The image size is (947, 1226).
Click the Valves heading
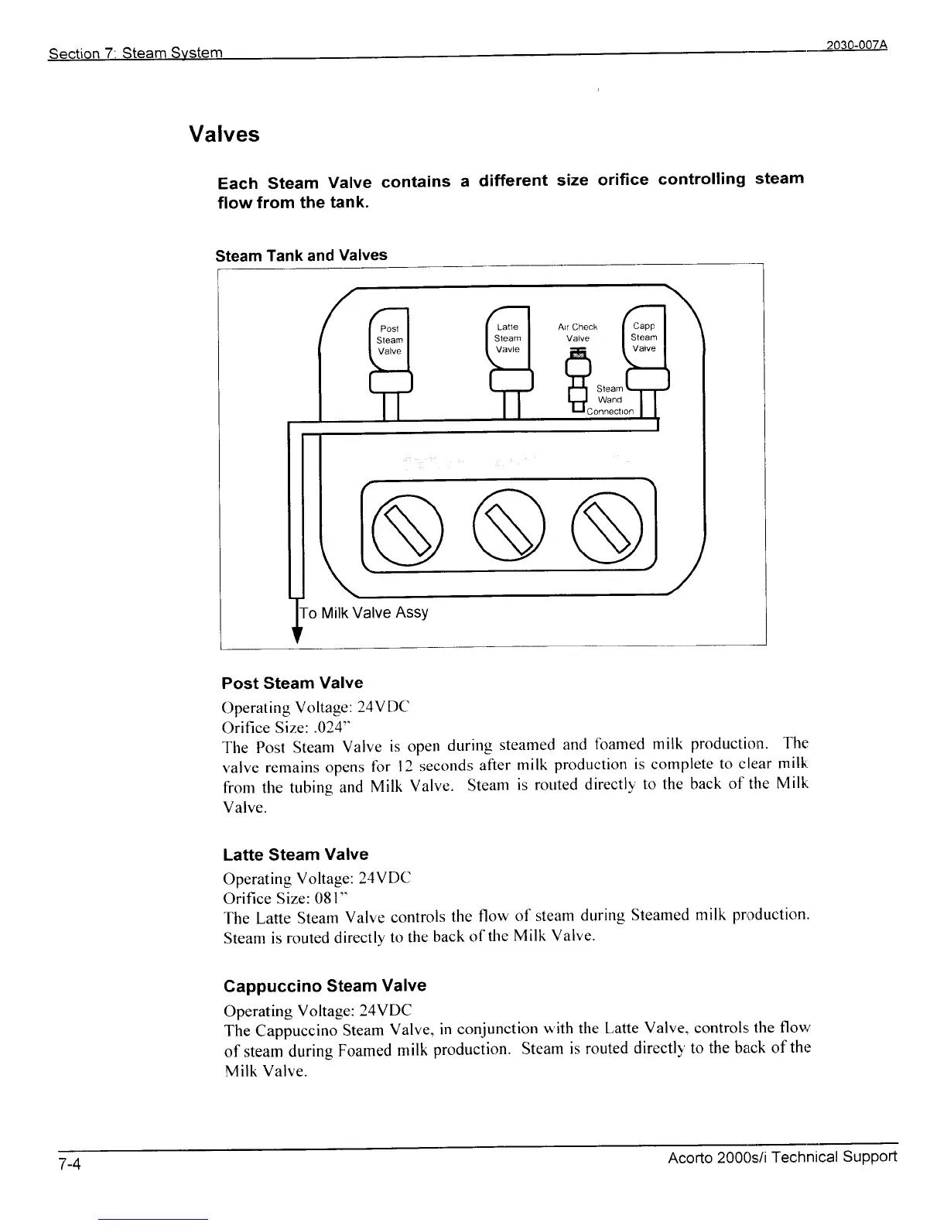tap(224, 135)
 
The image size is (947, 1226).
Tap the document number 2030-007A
tap(856, 45)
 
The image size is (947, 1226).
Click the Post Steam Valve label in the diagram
tap(389, 340)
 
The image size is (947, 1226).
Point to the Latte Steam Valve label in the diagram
tap(508, 338)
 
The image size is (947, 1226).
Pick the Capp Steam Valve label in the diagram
tap(644, 337)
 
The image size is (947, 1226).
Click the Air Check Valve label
tap(578, 332)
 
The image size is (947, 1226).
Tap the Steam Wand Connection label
tap(610, 400)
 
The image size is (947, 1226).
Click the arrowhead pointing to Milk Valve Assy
tap(295, 635)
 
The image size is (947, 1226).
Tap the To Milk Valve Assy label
tap(364, 613)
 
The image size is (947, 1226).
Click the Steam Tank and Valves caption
tap(301, 255)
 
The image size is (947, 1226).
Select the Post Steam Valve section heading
tap(292, 683)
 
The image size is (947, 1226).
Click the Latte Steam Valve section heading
tap(295, 854)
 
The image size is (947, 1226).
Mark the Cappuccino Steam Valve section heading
tap(324, 986)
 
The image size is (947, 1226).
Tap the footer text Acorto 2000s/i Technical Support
tap(782, 1157)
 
